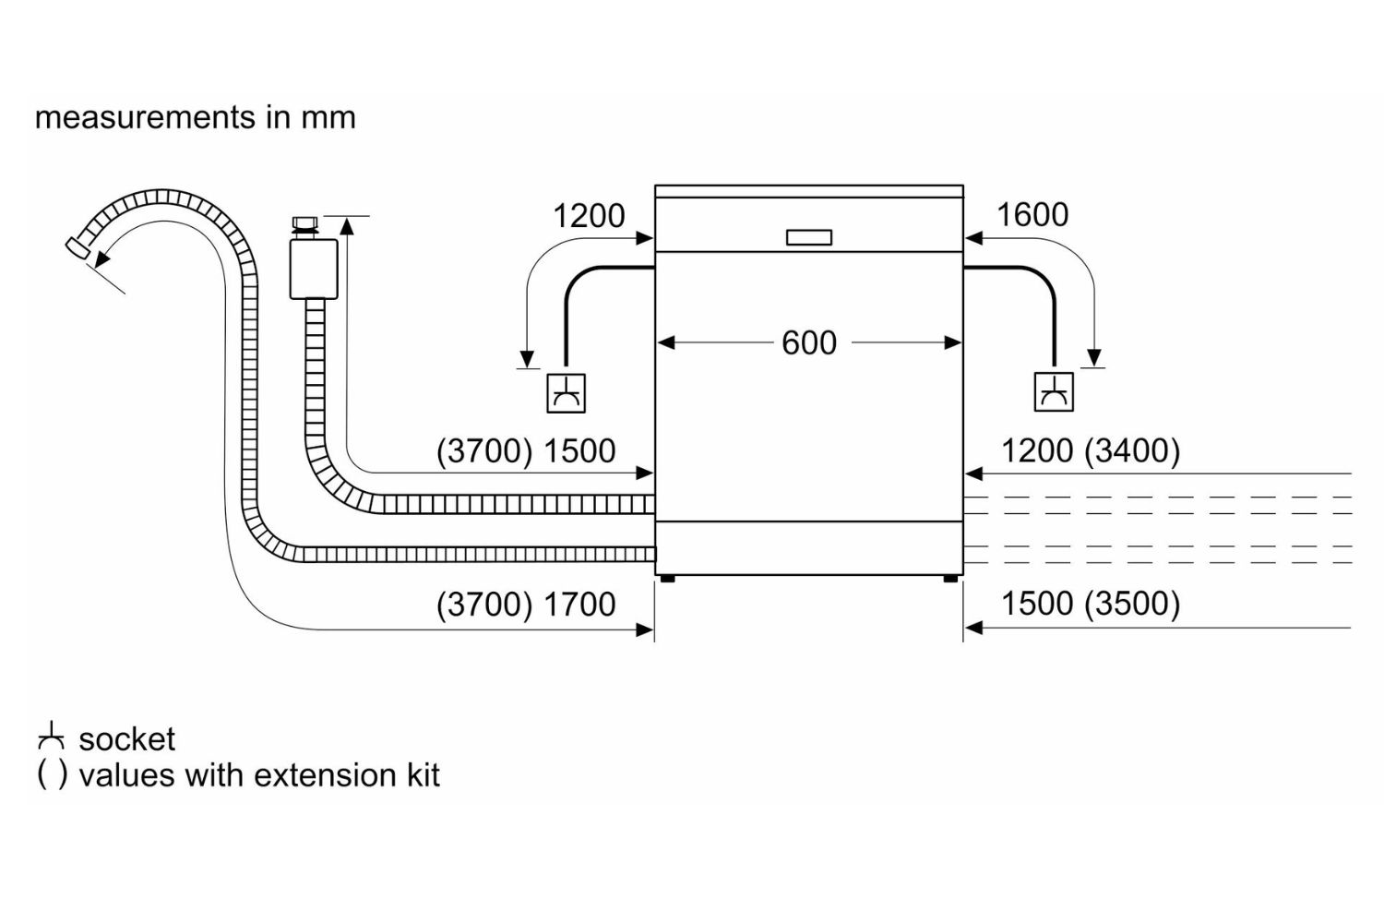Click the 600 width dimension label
click(x=808, y=342)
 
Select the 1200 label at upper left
click(x=588, y=216)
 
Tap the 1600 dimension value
click(x=1032, y=215)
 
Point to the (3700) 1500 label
click(x=525, y=451)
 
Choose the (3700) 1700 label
click(x=525, y=605)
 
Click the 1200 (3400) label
click(x=1090, y=450)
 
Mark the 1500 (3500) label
click(x=1090, y=604)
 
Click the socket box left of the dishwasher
click(x=566, y=392)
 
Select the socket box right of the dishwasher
click(x=1054, y=391)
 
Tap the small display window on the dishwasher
click(x=808, y=237)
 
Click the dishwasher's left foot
click(x=666, y=579)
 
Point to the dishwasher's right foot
click(x=950, y=579)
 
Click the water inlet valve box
click(x=314, y=269)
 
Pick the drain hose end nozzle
click(x=78, y=246)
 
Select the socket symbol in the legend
click(x=51, y=737)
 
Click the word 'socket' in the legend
click(x=126, y=739)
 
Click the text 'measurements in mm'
click(x=195, y=117)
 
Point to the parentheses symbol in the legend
click(x=52, y=775)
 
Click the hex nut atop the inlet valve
click(x=304, y=223)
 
